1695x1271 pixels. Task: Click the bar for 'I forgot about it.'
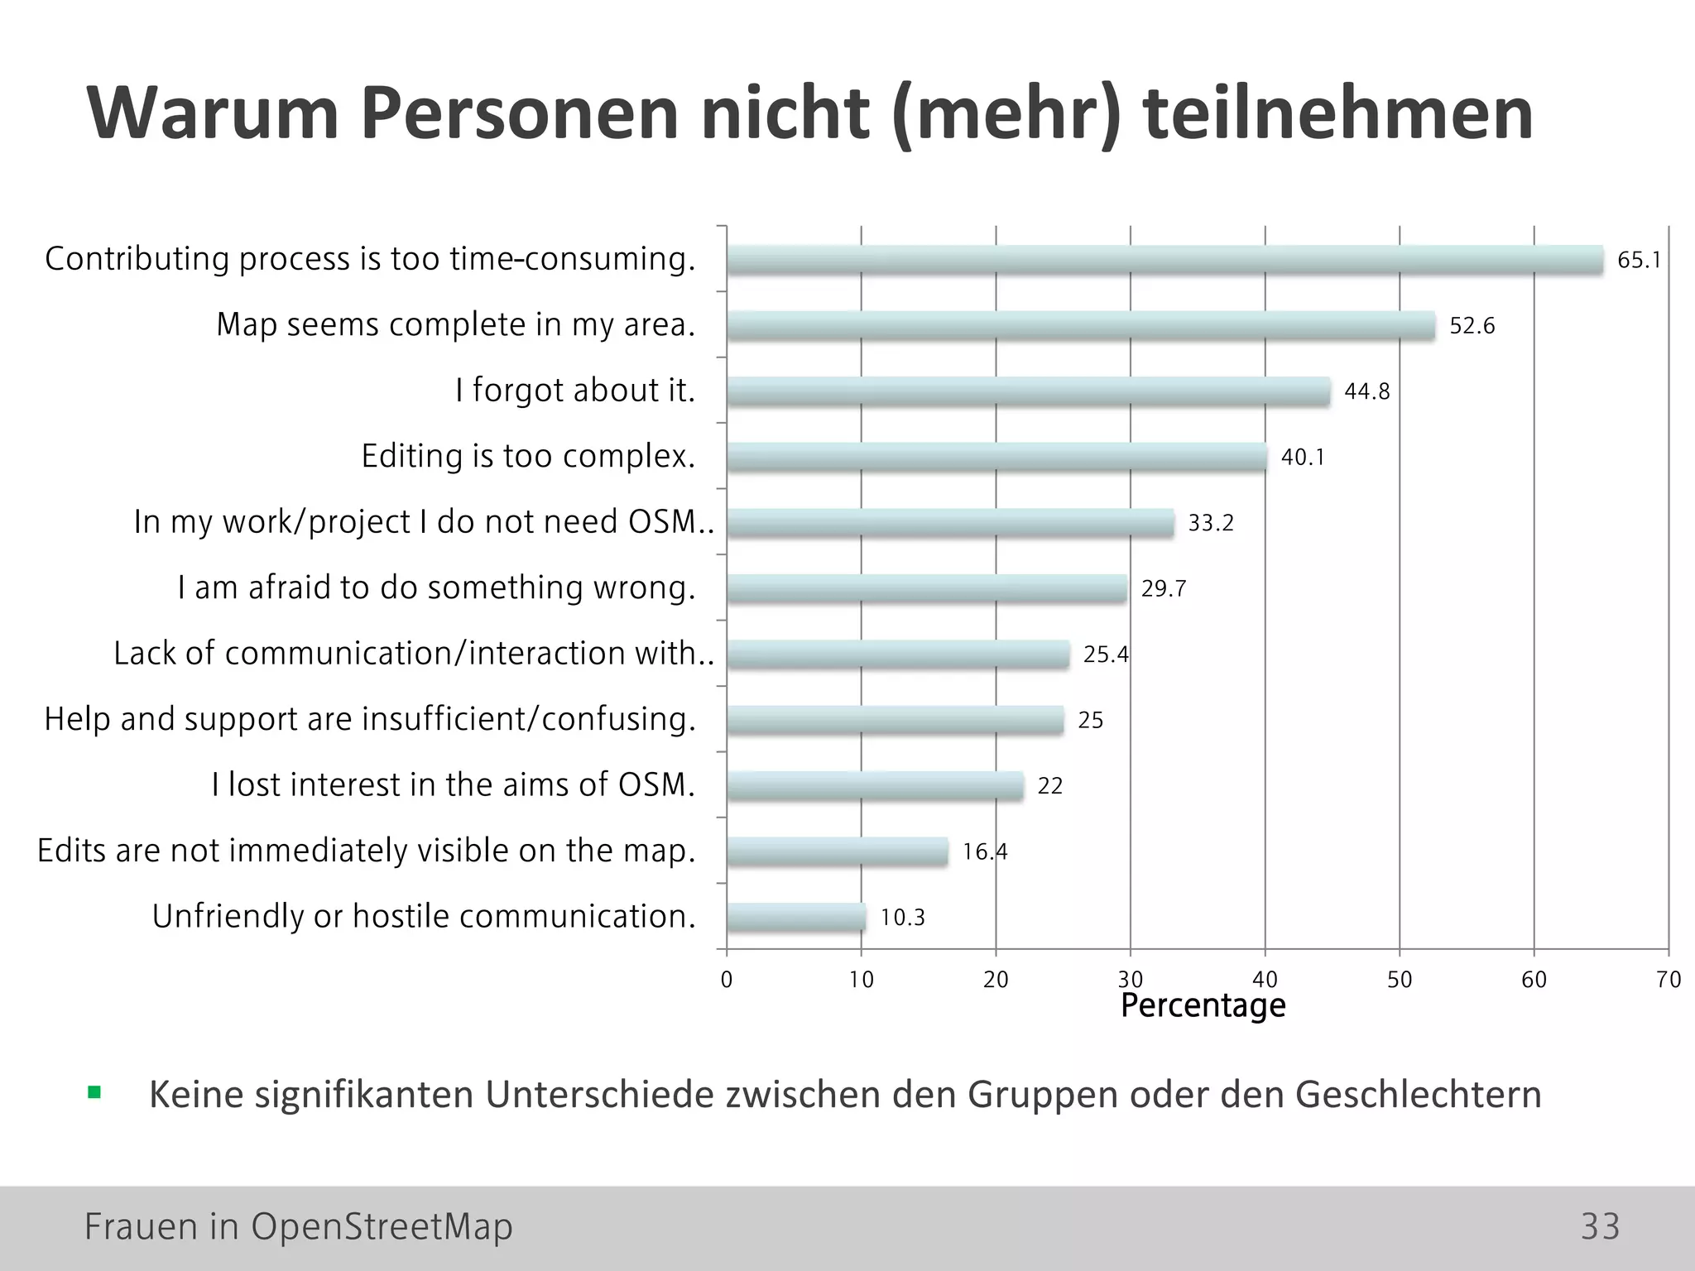click(1028, 391)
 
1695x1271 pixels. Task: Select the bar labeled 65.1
click(1164, 260)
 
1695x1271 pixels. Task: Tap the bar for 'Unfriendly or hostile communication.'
click(796, 917)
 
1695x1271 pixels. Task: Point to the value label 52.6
click(1472, 326)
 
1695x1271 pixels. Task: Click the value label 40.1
click(1303, 458)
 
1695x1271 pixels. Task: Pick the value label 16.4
click(985, 852)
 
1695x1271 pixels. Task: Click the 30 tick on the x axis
click(1130, 980)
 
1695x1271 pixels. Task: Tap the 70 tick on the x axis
click(1669, 980)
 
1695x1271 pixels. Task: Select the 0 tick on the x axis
click(727, 980)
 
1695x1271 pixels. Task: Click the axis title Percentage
click(1203, 1006)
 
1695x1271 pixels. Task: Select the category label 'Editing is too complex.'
click(528, 456)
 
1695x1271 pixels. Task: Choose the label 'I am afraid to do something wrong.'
click(436, 588)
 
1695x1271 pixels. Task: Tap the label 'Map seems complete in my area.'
click(455, 324)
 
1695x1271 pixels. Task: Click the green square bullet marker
click(94, 1092)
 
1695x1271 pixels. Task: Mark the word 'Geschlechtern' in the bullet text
click(1418, 1095)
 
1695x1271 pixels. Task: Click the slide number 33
click(1599, 1226)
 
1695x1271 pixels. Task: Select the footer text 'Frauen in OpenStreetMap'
click(298, 1226)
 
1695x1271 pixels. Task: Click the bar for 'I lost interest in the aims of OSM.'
click(875, 785)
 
